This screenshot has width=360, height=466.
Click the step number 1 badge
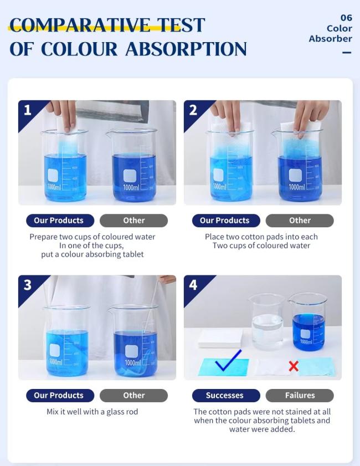pos(27,110)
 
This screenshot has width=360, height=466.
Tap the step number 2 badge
pos(193,110)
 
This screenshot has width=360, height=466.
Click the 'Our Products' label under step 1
pos(59,221)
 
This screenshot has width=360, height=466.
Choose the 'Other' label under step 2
pos(300,221)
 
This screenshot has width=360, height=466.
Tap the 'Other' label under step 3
pos(133,396)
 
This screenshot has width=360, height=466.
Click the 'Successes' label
pos(225,396)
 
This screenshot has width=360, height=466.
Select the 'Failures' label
pos(300,396)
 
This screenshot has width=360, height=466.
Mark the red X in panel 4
pos(294,366)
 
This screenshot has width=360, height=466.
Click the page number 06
pos(346,18)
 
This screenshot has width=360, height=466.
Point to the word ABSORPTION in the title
pos(186,49)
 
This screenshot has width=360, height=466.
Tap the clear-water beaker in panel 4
pos(267,322)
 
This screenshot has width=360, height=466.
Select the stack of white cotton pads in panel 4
pos(220,337)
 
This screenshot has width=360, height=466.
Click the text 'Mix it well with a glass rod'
pos(92,412)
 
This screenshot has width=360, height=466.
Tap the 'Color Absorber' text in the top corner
pos(331,33)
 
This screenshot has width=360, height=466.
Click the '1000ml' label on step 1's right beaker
pos(131,188)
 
